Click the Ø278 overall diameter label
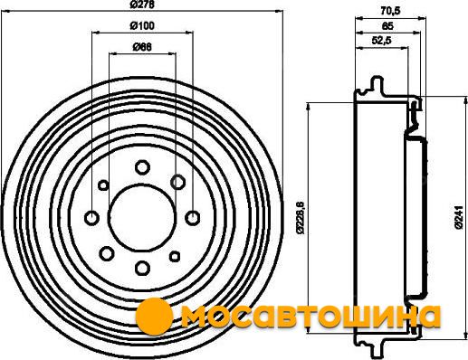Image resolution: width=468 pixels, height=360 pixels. click(143, 5)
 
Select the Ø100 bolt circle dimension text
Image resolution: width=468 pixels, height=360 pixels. click(142, 25)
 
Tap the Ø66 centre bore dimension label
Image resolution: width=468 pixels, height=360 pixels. click(142, 47)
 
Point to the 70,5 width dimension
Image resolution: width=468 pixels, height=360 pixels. click(390, 11)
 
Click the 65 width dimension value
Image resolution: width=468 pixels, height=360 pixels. click(387, 26)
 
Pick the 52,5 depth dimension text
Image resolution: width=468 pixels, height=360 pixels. click(381, 41)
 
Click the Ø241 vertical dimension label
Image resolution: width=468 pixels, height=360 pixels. click(459, 217)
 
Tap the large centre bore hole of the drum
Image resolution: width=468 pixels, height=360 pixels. click(142, 217)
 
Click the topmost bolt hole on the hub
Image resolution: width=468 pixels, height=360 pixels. click(142, 167)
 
